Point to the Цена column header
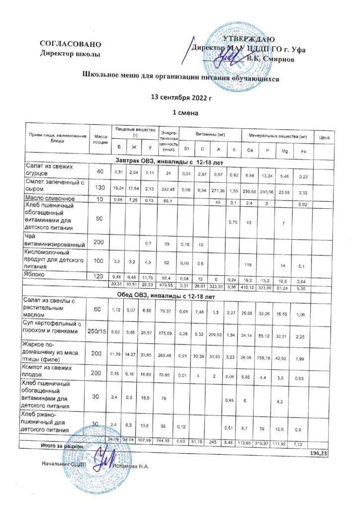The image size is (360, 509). (325, 136)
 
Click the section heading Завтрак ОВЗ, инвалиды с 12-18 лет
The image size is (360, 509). (170, 162)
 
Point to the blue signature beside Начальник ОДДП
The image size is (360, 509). (104, 458)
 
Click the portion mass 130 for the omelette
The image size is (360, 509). (100, 186)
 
